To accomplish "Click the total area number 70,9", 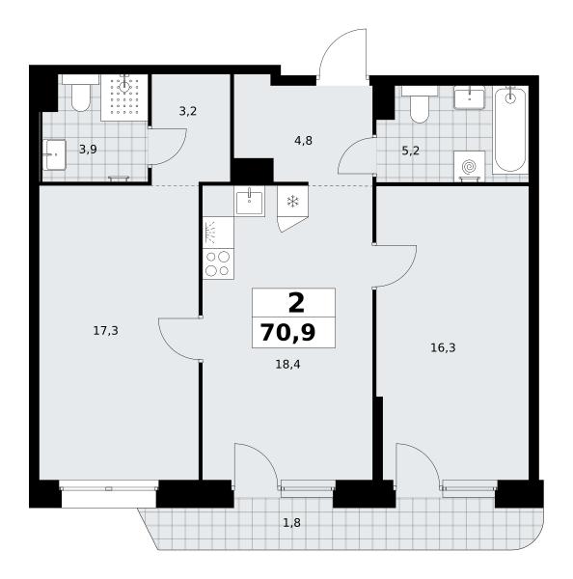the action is pos(288,332).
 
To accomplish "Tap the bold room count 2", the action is pos(296,303).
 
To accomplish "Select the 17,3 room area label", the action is pos(105,331).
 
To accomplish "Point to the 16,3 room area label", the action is pos(443,347).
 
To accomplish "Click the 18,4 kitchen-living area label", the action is pos(288,365).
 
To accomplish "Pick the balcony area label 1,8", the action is pos(291,523).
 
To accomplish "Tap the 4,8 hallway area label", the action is pos(303,141).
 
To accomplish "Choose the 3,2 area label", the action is pos(187,111).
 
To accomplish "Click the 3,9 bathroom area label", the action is pos(88,150).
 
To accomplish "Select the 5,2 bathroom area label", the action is pos(410,151).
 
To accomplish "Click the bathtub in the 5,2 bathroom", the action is pos(510,129).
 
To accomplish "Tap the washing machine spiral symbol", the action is pos(469,166).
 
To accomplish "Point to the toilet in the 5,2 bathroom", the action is pos(420,104).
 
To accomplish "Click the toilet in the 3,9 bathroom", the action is pos(80,93).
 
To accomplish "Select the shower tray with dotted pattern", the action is pos(124,97).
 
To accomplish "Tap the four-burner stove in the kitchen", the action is pos(218,263).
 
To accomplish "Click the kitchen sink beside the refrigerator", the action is pos(250,201).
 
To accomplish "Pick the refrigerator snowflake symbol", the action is pos(293,202).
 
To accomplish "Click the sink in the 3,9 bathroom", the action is pos(55,154).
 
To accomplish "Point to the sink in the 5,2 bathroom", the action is pos(469,97).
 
